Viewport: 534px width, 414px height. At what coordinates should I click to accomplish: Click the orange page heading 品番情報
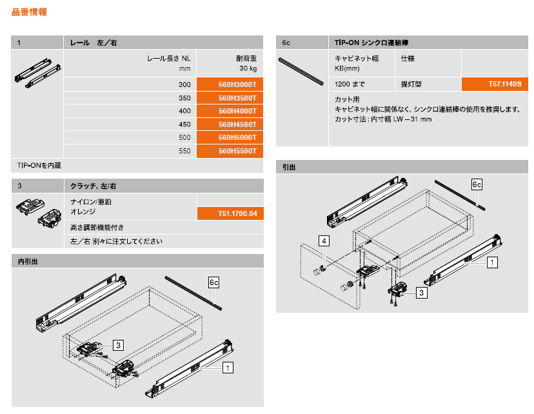tap(29, 12)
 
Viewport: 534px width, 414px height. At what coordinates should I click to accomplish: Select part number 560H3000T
tap(237, 84)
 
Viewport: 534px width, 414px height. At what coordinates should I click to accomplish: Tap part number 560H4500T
tap(237, 124)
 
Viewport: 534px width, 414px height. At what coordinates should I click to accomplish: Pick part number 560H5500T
tap(237, 151)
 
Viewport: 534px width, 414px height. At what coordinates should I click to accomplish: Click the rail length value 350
tap(184, 98)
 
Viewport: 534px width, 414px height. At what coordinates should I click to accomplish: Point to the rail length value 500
tap(184, 137)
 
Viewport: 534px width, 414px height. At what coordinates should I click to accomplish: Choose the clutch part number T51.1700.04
tap(237, 214)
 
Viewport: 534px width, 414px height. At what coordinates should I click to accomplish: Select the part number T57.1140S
tap(505, 84)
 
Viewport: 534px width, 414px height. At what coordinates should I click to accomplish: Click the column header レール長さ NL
tap(169, 59)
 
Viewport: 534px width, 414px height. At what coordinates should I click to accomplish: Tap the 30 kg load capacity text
tap(248, 68)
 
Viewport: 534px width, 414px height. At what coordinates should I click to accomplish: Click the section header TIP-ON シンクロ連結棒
tap(371, 43)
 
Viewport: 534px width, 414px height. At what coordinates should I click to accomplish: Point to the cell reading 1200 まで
tap(350, 84)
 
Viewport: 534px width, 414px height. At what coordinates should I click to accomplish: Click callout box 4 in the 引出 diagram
tap(324, 241)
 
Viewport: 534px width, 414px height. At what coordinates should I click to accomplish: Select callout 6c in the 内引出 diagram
tap(213, 282)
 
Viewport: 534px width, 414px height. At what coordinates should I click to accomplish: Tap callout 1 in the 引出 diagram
tap(492, 262)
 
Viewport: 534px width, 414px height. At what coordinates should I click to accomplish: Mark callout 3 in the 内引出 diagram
tap(118, 345)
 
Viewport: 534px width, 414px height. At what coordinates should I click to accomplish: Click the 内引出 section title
tap(28, 261)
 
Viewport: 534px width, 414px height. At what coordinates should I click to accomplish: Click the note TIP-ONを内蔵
tap(39, 166)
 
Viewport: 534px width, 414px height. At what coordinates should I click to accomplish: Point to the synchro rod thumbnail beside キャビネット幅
tap(301, 72)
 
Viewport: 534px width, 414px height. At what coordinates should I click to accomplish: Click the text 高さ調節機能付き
tap(97, 228)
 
